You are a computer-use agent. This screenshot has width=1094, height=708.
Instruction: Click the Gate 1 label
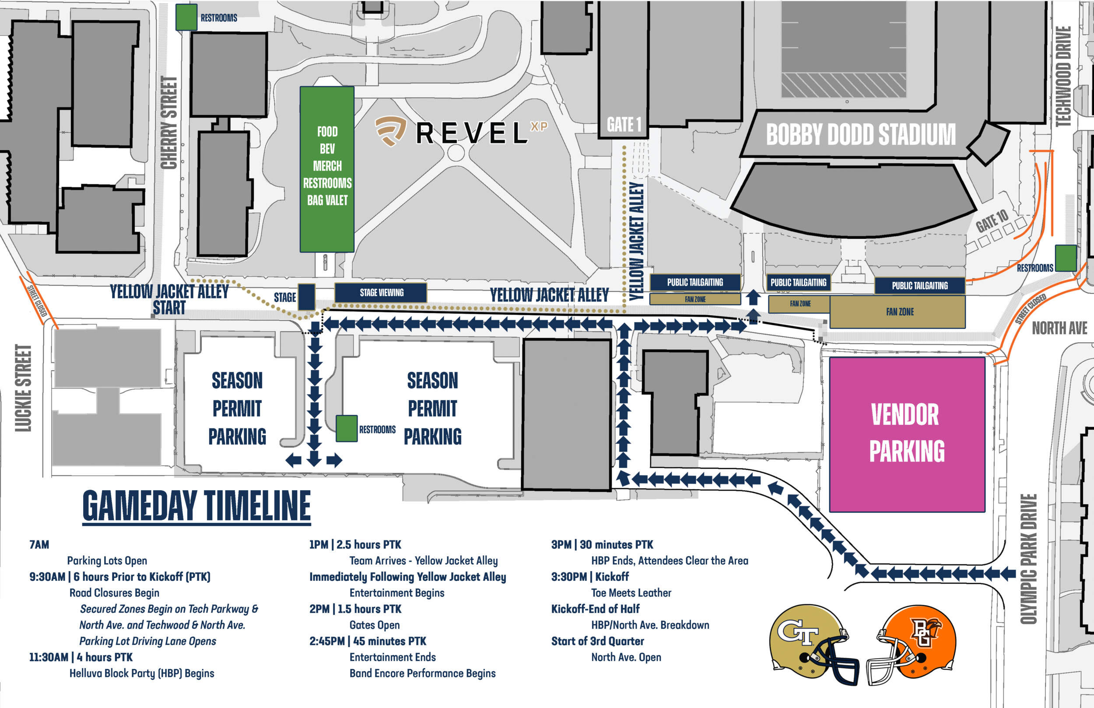tap(623, 125)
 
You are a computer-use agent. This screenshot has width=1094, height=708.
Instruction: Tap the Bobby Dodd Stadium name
tap(860, 134)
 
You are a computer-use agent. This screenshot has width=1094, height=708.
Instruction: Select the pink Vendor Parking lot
tap(906, 435)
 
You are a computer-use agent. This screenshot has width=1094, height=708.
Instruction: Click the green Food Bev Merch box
tap(327, 169)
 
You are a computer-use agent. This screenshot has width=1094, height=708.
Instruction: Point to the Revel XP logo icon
tap(390, 130)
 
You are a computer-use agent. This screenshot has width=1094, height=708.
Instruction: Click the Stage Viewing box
tap(381, 292)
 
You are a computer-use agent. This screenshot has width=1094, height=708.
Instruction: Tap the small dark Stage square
tap(307, 297)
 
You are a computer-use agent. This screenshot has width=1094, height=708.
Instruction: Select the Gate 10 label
tap(992, 220)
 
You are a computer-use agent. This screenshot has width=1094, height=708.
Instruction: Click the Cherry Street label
tap(169, 123)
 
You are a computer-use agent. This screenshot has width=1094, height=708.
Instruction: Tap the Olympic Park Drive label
tap(1028, 559)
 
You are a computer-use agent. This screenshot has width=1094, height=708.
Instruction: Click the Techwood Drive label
tap(1064, 76)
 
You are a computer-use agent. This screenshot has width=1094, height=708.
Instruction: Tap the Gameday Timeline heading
tap(197, 506)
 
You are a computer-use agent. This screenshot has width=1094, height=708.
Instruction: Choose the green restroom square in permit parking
tap(347, 428)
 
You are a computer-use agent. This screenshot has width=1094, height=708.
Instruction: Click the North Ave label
tap(1059, 328)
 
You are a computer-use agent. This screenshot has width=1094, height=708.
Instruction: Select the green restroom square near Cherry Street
tap(186, 18)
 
